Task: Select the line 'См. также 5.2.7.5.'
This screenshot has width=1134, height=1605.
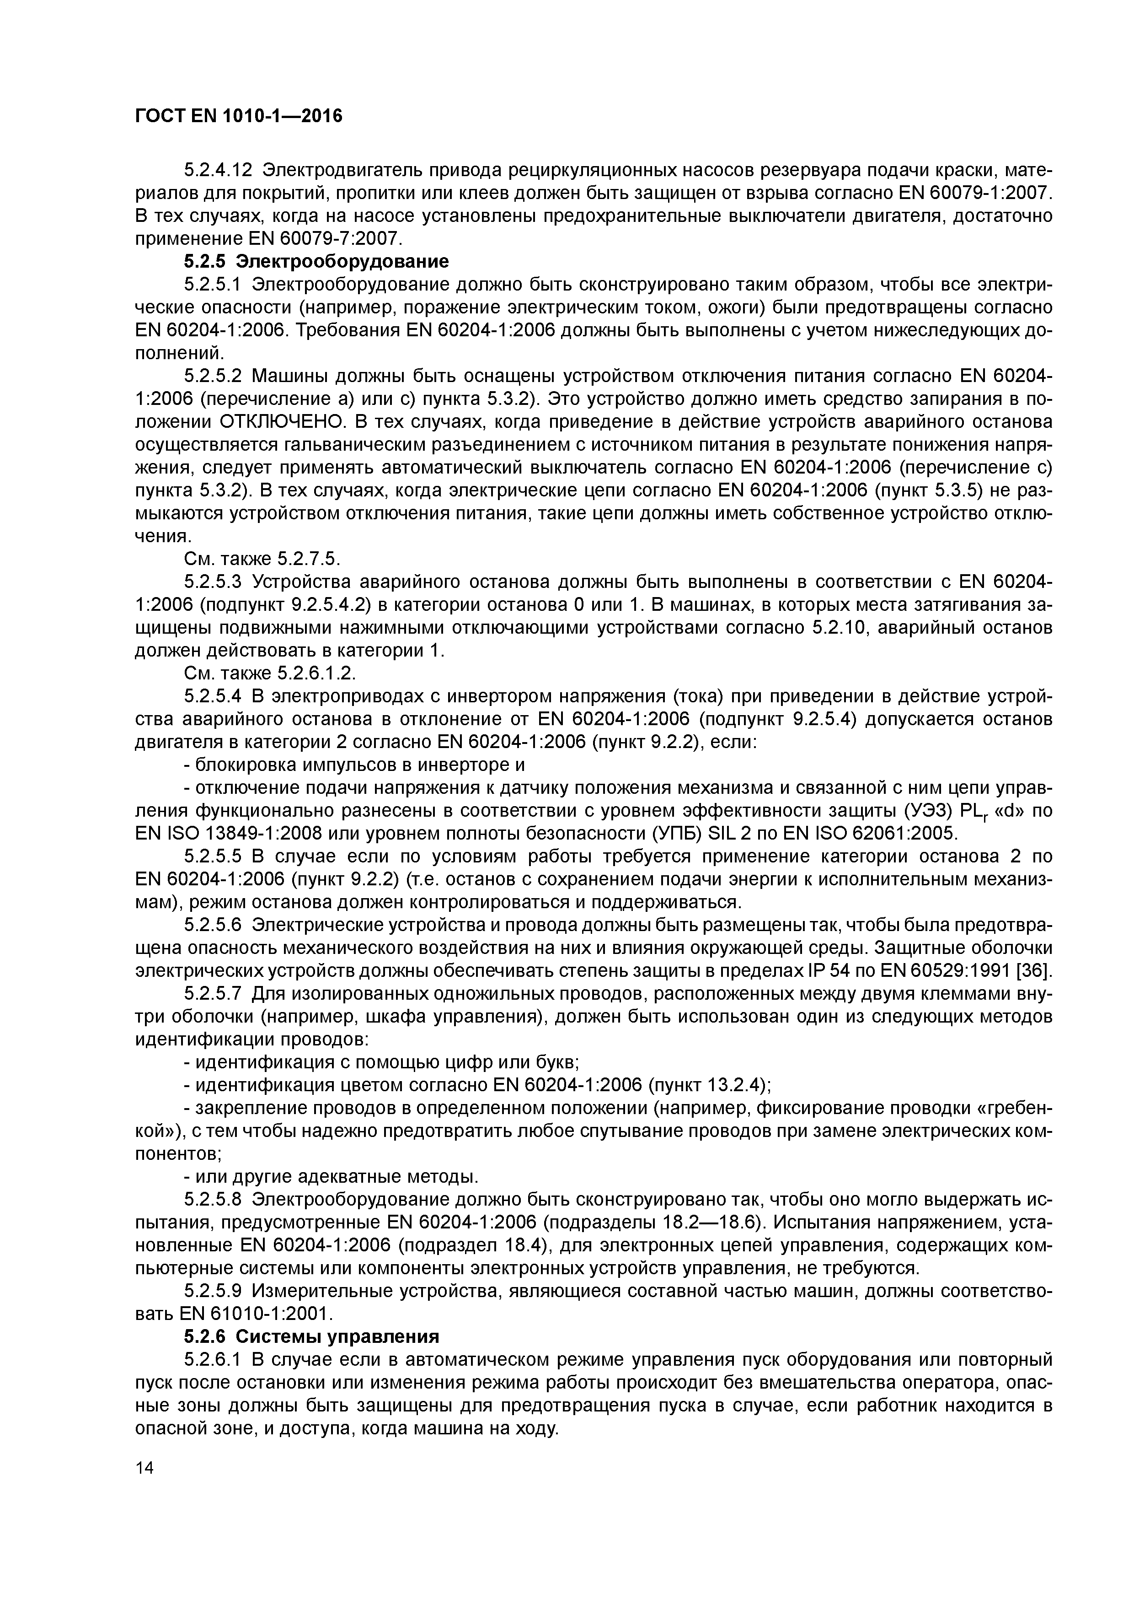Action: (261, 559)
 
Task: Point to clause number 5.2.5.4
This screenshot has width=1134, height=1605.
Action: (213, 696)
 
